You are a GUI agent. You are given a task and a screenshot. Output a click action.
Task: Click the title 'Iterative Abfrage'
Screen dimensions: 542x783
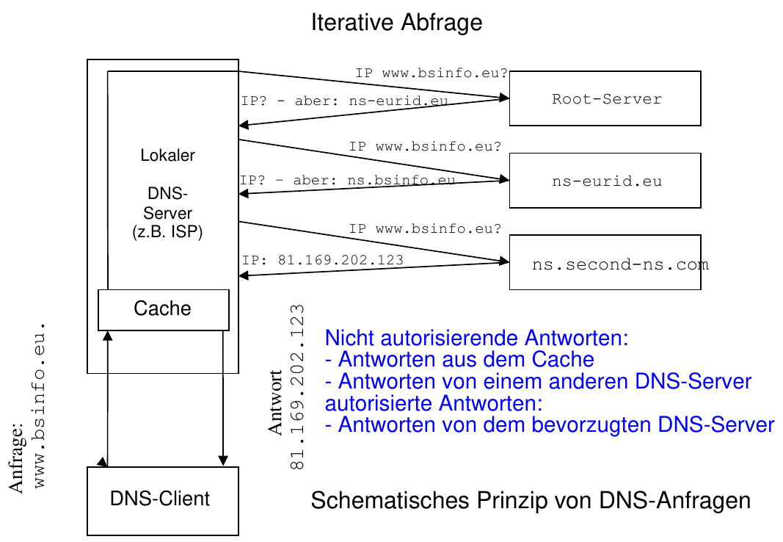click(396, 22)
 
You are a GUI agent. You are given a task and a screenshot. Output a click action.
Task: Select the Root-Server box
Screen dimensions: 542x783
click(605, 98)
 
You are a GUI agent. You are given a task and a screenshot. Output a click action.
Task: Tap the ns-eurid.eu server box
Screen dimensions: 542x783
click(605, 181)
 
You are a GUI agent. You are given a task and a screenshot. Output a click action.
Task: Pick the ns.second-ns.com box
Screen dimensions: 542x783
click(605, 263)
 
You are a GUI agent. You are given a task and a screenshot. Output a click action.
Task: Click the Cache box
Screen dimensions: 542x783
click(163, 309)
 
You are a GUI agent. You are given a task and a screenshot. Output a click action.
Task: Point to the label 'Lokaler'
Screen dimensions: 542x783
click(167, 156)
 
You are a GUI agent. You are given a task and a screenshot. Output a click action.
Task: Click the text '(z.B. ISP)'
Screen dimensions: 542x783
click(167, 234)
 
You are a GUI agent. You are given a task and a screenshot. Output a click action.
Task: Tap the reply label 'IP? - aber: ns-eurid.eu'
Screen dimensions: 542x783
click(344, 101)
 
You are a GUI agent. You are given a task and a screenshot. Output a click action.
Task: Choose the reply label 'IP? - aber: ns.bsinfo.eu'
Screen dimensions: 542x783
click(347, 180)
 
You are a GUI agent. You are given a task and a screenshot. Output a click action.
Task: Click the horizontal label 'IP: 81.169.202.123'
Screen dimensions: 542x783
click(323, 260)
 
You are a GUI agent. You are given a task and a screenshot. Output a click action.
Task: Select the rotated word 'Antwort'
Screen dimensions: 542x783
click(276, 402)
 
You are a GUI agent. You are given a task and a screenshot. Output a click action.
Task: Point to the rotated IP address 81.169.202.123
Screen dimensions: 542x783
click(297, 386)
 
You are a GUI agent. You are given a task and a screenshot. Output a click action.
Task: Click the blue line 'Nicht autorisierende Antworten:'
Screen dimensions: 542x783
click(477, 339)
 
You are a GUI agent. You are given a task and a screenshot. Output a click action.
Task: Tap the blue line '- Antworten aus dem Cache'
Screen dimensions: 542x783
click(459, 360)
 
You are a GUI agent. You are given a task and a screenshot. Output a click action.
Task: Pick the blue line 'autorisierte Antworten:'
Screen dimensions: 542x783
click(434, 403)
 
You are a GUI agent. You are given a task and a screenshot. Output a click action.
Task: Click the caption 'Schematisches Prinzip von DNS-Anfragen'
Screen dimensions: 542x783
click(531, 501)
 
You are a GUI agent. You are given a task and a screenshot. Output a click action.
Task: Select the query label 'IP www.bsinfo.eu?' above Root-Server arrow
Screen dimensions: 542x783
click(431, 73)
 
